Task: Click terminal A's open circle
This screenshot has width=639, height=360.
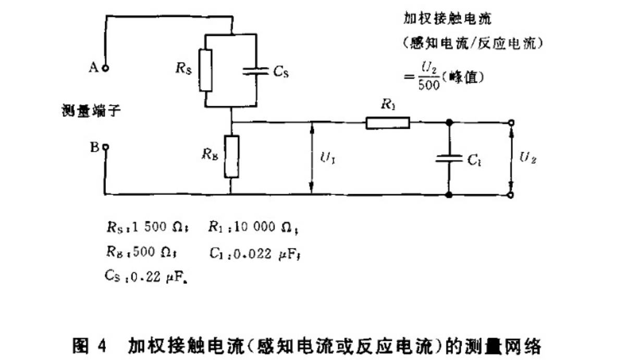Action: tap(105, 68)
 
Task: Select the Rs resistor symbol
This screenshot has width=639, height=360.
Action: tap(206, 70)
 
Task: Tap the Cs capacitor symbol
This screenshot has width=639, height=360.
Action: tap(257, 71)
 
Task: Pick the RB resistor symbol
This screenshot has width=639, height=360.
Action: tap(231, 156)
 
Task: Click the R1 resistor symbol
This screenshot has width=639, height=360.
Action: tap(388, 123)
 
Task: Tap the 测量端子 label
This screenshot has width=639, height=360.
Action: tap(87, 110)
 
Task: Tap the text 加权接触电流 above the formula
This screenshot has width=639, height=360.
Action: tap(448, 19)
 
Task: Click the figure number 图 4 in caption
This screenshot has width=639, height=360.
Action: tap(89, 346)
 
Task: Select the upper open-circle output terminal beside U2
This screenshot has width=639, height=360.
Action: tap(511, 123)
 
